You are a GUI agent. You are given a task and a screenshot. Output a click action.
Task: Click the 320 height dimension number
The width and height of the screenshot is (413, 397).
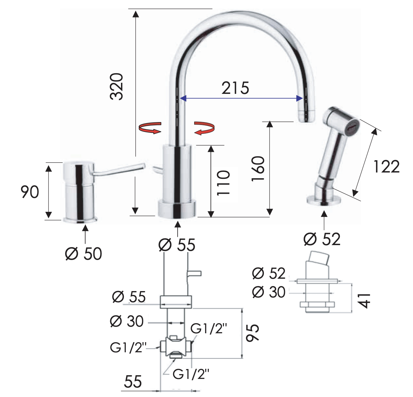pos(117,87)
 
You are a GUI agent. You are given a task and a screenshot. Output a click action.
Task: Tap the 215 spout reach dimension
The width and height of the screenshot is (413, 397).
pos(235,88)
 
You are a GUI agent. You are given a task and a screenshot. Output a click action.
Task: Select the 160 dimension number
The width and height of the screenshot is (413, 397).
pos(258,169)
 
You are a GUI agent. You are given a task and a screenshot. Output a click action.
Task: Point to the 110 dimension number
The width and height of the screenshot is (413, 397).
pos(223,183)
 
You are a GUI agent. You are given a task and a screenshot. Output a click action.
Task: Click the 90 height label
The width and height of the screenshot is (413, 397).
pos(30,192)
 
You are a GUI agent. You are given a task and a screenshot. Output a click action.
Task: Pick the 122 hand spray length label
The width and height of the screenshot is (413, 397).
pos(386,167)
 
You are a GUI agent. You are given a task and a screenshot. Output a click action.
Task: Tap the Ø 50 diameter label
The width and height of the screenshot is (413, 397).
pos(83,254)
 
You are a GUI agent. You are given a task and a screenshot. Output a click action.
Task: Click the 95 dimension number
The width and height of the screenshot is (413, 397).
pos(252,333)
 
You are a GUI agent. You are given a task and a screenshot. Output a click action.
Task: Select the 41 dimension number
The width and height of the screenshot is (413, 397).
pos(365,301)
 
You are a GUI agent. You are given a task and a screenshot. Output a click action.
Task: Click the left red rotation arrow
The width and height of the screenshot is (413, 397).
pos(150,128)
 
